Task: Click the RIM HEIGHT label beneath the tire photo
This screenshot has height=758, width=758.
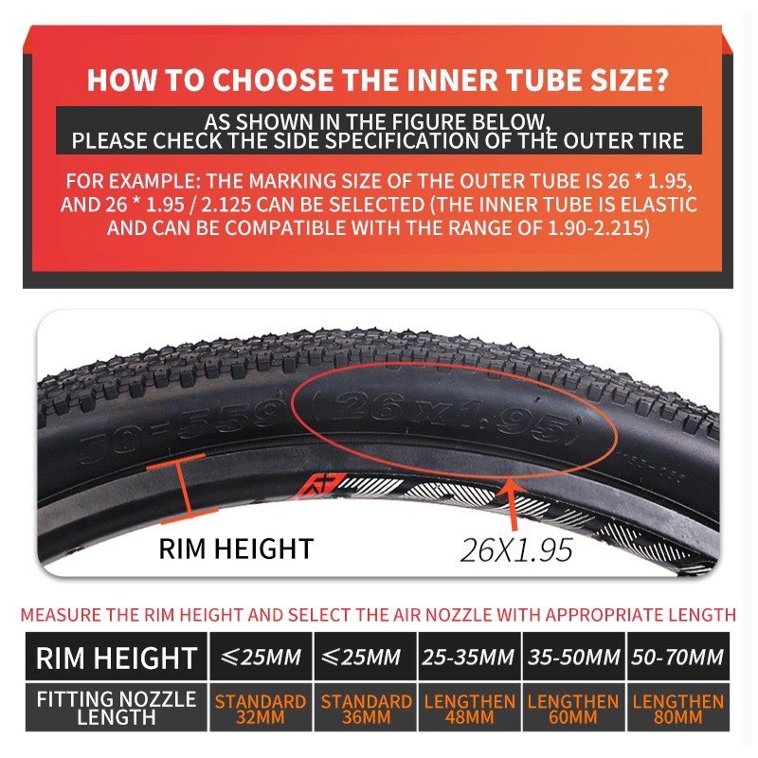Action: point(235,548)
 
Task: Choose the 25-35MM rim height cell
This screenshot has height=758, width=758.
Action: point(468,657)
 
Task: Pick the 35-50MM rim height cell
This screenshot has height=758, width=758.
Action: point(571,657)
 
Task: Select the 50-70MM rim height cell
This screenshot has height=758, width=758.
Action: point(677,657)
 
